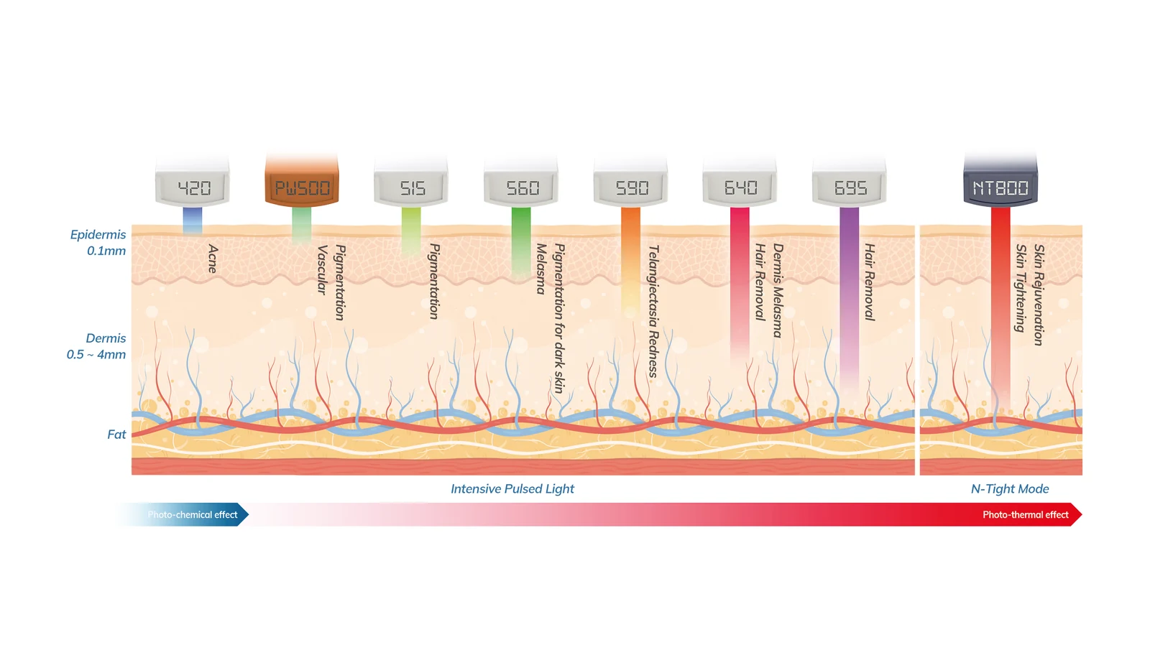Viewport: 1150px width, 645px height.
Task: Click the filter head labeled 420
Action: (193, 182)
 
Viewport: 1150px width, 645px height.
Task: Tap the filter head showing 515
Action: (410, 182)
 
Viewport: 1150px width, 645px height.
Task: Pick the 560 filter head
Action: (520, 182)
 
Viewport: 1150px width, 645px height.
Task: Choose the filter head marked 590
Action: (630, 182)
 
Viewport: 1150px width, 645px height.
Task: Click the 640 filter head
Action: (740, 182)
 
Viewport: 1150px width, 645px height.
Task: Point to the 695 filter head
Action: (849, 182)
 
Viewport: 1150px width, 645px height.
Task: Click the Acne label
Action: (213, 259)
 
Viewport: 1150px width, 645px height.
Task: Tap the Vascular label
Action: (322, 270)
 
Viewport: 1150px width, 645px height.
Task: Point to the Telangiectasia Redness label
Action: (653, 312)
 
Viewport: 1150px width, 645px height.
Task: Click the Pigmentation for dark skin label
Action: (559, 319)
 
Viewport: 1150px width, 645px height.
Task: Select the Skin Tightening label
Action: (1021, 288)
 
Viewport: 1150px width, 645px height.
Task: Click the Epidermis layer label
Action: (98, 234)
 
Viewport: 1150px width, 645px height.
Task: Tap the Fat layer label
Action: (116, 435)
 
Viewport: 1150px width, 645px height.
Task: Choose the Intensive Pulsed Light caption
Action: (512, 489)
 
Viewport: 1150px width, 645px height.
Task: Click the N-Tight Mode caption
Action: (1009, 489)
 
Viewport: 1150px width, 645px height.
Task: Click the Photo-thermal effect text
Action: (1025, 515)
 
